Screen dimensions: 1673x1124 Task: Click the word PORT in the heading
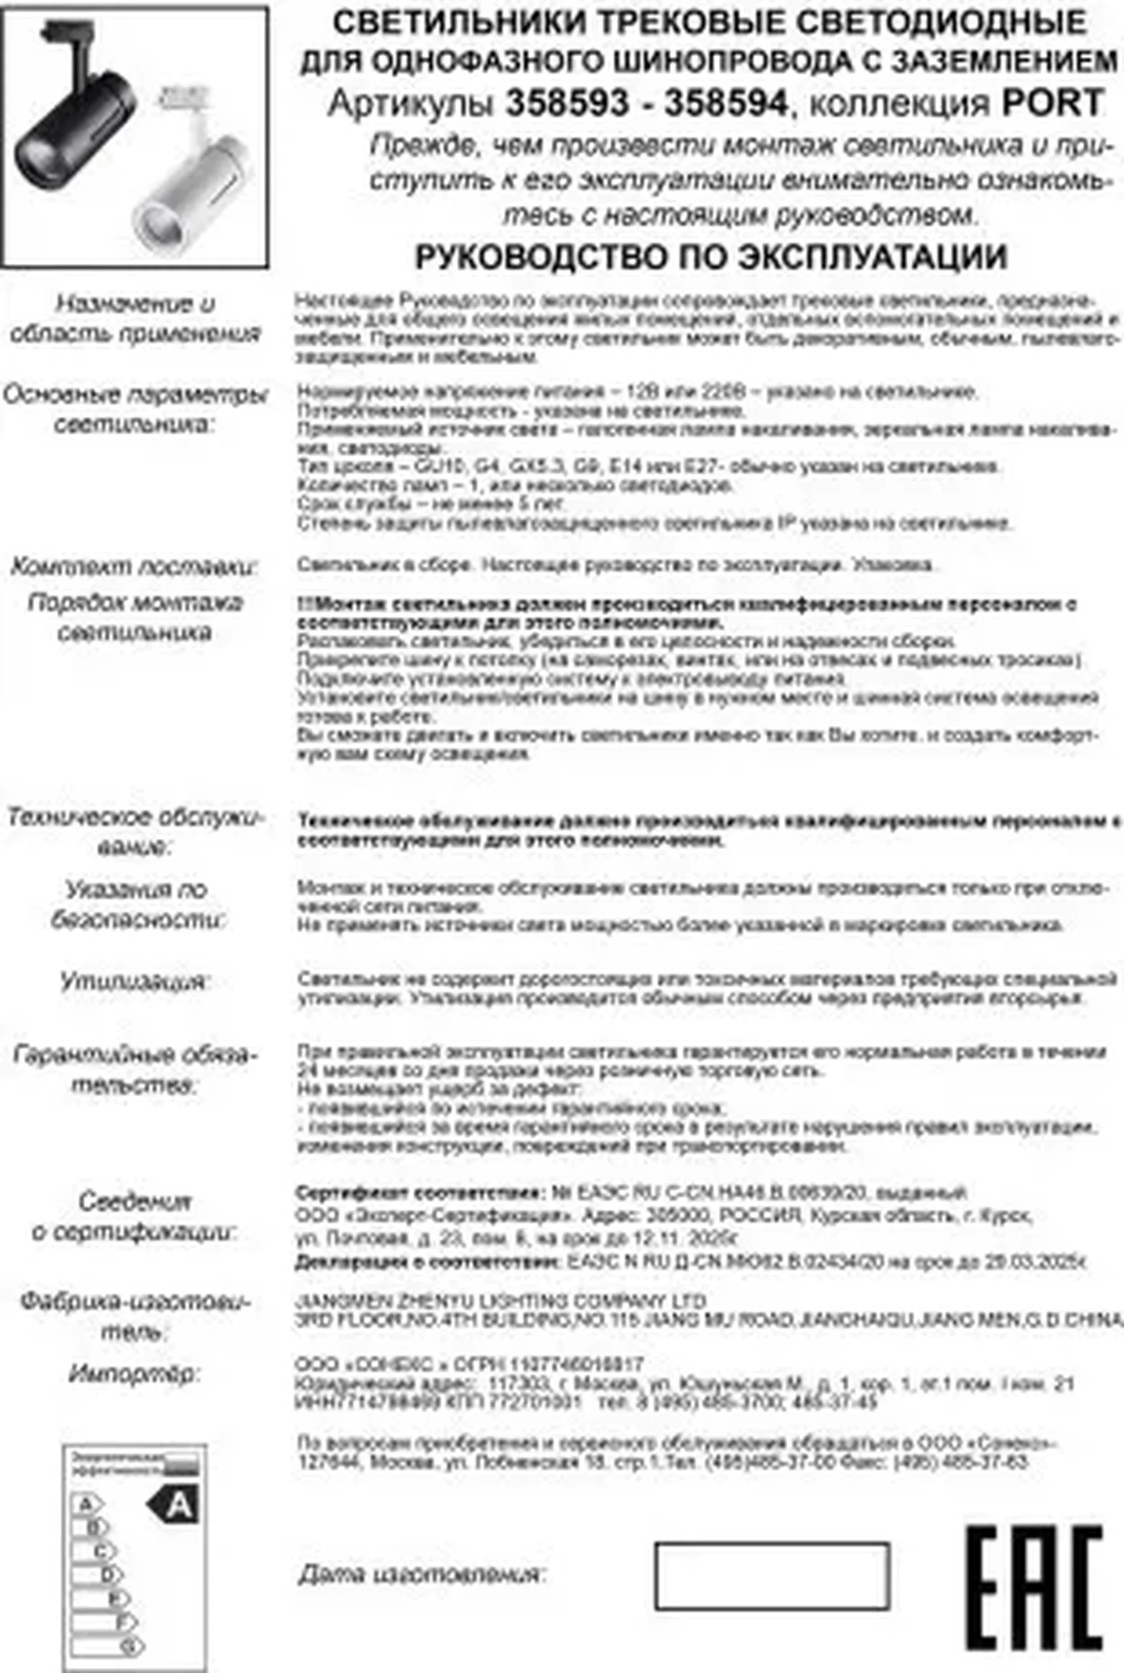[1051, 104]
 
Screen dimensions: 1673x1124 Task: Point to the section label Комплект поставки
[134, 568]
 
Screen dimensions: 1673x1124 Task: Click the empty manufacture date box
[772, 1576]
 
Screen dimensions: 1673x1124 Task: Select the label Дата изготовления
[421, 1575]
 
